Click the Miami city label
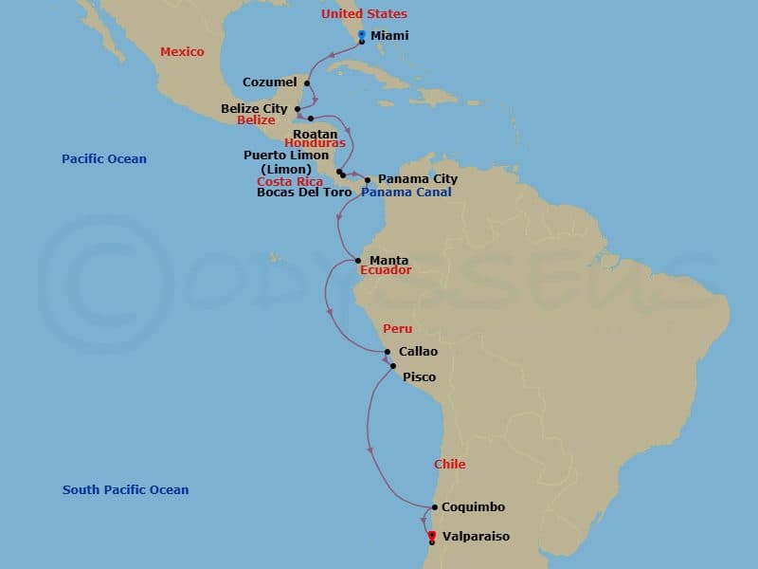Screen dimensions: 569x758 (x=389, y=35)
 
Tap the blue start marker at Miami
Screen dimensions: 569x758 (x=362, y=35)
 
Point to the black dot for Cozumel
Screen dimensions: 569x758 (x=306, y=83)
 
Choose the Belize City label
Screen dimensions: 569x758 (x=254, y=108)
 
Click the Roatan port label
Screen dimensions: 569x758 (x=315, y=134)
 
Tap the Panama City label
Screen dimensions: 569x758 (x=417, y=178)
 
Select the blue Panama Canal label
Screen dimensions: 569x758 (x=406, y=192)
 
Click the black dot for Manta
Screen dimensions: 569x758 (x=358, y=260)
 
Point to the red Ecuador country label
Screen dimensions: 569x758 (x=386, y=270)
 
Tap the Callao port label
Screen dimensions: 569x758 (x=418, y=351)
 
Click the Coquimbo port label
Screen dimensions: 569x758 (x=473, y=507)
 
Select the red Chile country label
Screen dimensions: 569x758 (x=449, y=464)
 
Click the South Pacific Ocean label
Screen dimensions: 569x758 (x=125, y=490)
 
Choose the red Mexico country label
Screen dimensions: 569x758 (x=182, y=52)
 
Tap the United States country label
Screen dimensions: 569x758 (x=364, y=14)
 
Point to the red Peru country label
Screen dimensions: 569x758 (x=397, y=328)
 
